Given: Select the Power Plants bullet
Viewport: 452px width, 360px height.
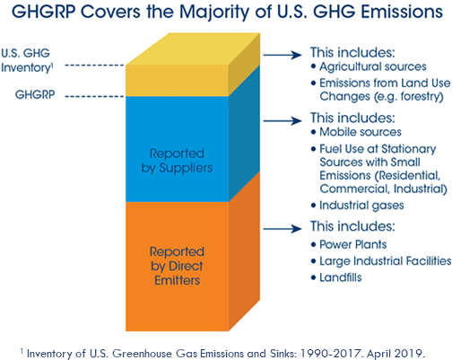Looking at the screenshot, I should (352, 242).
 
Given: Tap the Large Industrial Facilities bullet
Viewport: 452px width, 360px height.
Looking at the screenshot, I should (380, 260).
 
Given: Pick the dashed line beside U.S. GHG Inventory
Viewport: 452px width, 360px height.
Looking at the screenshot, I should (94, 65).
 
